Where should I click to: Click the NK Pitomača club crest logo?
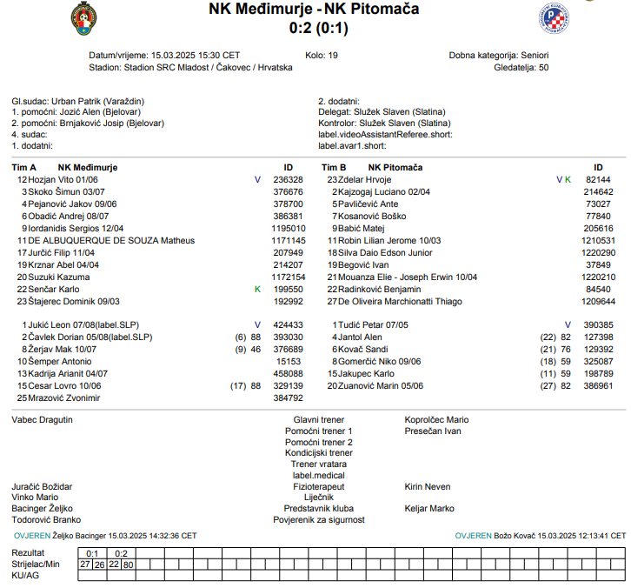tap(554, 17)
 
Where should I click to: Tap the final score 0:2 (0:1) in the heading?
tap(315, 28)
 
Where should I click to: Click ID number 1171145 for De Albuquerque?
tap(288, 240)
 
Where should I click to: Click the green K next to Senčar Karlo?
tap(257, 289)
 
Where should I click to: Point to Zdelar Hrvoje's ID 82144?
tap(599, 179)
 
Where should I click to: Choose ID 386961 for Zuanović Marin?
tap(599, 385)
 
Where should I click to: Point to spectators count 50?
tap(543, 67)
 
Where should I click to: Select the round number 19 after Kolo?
tap(333, 55)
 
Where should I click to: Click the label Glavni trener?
tap(319, 419)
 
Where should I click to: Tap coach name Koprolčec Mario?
tap(436, 419)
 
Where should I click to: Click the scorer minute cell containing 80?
tap(129, 564)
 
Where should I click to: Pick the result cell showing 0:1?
tap(93, 553)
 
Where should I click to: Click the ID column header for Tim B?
tap(598, 167)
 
